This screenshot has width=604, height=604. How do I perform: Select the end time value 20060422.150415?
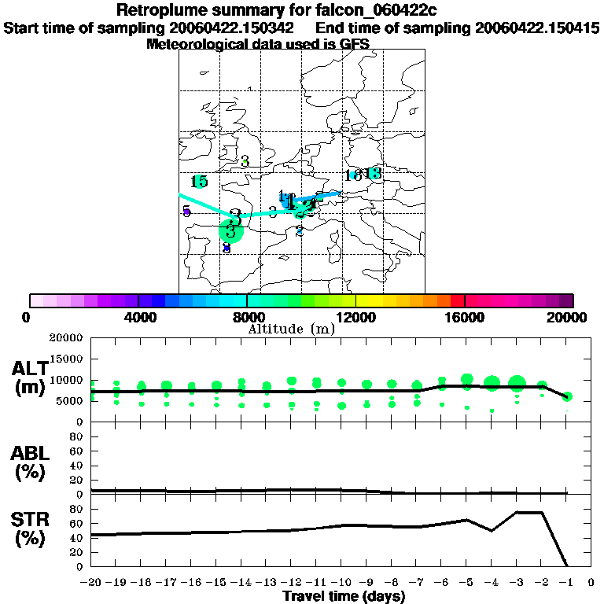tap(537, 28)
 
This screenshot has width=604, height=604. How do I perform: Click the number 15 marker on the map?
tap(199, 182)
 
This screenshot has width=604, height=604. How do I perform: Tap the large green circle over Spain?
tap(230, 231)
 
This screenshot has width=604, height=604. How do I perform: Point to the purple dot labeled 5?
tap(186, 212)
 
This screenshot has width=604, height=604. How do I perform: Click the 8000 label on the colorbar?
tap(247, 317)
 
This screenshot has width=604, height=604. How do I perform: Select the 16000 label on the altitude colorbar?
tap(465, 317)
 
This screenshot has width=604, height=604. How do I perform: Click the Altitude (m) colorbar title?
tap(291, 329)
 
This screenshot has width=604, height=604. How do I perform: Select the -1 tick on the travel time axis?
tap(566, 584)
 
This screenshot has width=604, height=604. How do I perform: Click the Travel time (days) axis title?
tap(344, 597)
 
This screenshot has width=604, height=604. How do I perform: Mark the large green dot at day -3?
tap(517, 384)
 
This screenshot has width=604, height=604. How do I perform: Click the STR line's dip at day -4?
tap(492, 531)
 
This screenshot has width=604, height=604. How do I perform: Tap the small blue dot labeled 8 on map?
tap(226, 248)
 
